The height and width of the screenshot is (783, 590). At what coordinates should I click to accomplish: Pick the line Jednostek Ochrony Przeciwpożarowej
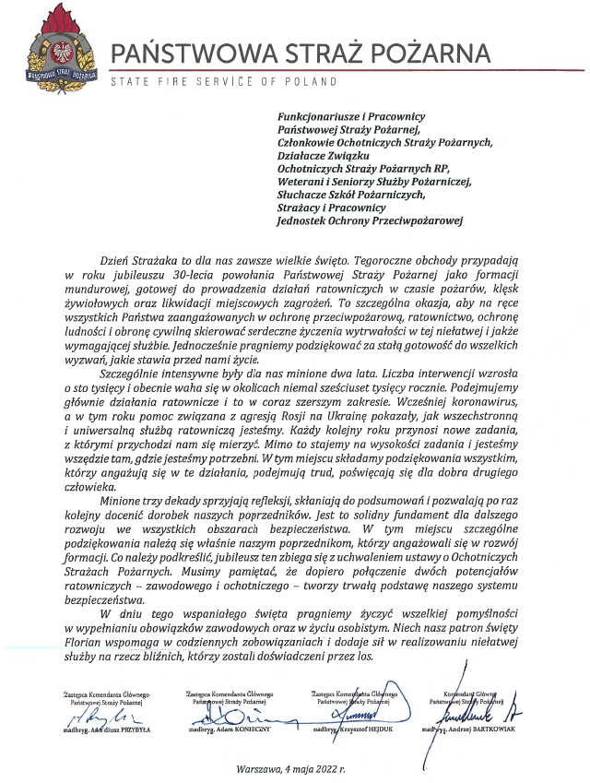(x=371, y=220)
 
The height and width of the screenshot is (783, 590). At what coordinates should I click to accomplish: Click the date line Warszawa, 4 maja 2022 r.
(x=290, y=768)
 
